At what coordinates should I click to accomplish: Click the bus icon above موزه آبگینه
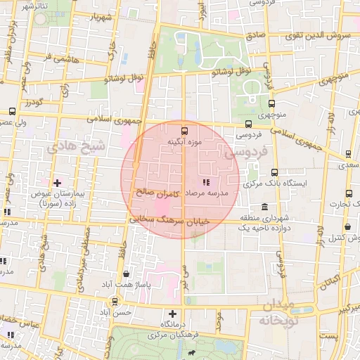(x=185, y=130)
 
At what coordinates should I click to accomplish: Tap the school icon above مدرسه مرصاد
(x=205, y=182)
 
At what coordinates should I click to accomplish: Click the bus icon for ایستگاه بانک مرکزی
(x=274, y=171)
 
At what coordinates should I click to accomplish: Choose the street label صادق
(x=255, y=34)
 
